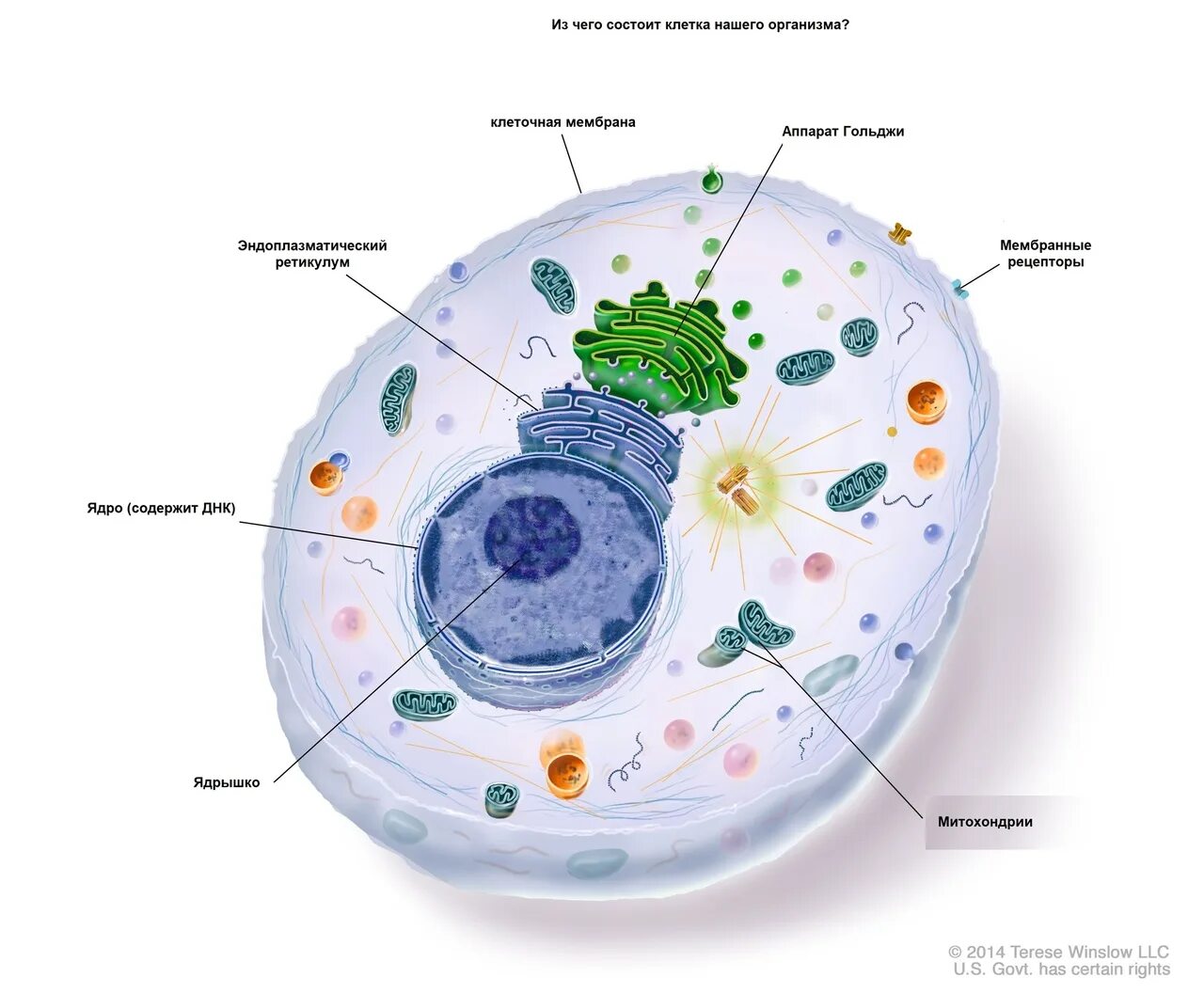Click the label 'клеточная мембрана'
point(562,122)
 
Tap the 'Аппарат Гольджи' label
point(843,132)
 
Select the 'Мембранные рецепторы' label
point(1045,254)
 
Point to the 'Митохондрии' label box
point(985,822)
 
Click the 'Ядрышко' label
point(227,782)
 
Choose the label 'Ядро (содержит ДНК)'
point(162,509)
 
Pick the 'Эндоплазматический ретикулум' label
point(312,254)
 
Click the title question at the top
point(700,25)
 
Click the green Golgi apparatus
point(658,348)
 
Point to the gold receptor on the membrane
point(901,231)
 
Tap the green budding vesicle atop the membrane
point(713,179)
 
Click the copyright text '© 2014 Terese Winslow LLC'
point(1058,953)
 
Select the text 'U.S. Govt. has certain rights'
point(1061,969)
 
